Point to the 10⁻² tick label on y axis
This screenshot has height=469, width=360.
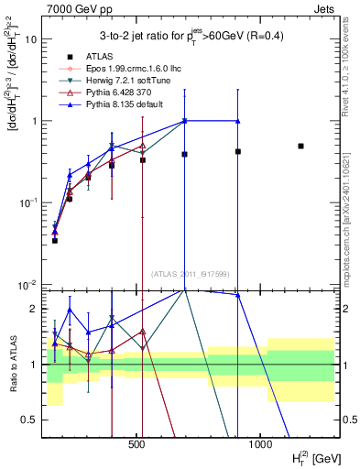(x=27, y=285)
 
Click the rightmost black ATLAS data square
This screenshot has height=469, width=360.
(x=300, y=146)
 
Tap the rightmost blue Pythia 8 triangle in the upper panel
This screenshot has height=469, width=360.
(x=238, y=121)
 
